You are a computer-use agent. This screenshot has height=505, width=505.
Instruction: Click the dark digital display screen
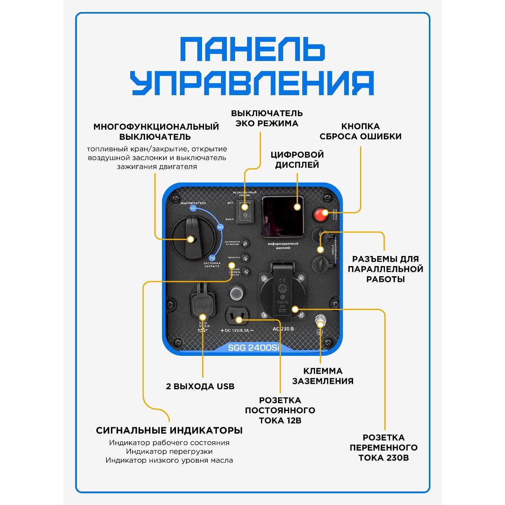[283, 216]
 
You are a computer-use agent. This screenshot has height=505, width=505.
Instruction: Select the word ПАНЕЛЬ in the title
[253, 49]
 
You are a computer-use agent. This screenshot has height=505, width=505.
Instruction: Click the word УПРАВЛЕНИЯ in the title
[253, 83]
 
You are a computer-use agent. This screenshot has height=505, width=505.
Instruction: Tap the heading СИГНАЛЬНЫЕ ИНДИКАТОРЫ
[169, 430]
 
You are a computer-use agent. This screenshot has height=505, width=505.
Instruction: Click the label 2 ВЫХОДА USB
[200, 387]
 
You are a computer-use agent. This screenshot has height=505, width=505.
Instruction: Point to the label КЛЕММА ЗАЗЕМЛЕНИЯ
[322, 376]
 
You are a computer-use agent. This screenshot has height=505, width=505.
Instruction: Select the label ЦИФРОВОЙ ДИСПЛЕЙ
[297, 160]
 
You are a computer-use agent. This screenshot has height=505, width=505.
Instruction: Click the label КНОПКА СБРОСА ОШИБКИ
[360, 131]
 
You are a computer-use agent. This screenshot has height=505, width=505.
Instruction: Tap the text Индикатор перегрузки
[169, 451]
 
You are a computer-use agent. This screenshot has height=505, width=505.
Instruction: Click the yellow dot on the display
[298, 207]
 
